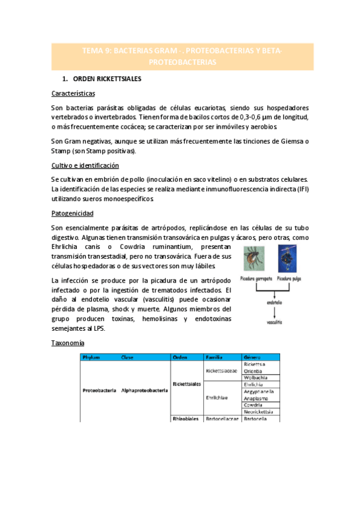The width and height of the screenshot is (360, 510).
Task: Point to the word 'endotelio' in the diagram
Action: [275, 302]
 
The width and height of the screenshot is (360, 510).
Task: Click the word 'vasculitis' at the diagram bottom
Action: [275, 323]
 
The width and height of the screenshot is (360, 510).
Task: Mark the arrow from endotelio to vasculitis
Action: [275, 312]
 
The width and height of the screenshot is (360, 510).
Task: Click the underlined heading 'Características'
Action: [73, 94]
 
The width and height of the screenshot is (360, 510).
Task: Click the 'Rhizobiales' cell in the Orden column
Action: [186, 418]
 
